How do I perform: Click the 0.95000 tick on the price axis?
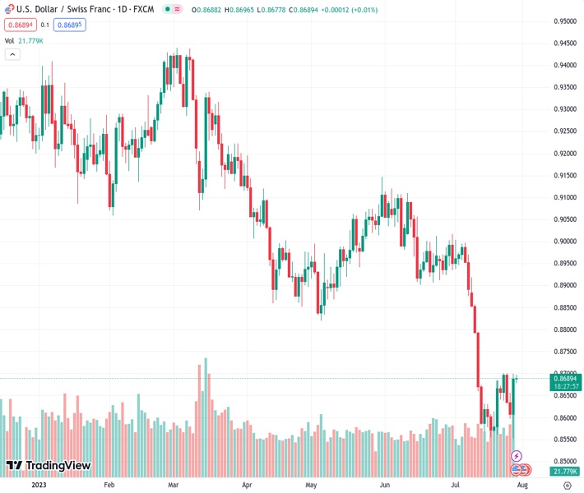564,21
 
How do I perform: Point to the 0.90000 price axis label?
564,242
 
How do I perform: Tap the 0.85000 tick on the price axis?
564,462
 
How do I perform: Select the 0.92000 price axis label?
564,154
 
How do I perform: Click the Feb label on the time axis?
109,485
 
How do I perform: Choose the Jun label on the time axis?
384,485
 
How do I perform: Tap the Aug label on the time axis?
521,485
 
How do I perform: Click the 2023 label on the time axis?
38,485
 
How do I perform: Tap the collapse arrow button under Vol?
12,54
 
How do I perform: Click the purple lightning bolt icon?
517,455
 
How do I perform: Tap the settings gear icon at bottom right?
567,485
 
